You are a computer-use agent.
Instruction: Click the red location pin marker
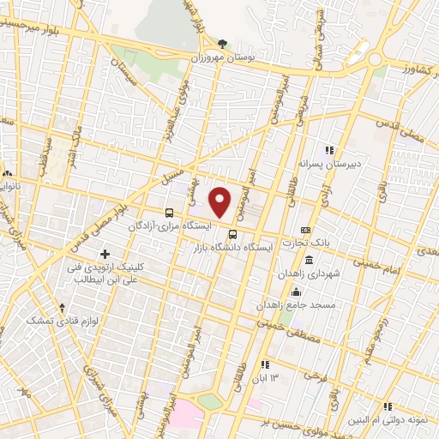click(x=220, y=201)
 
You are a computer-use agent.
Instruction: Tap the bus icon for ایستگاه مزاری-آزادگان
click(x=168, y=212)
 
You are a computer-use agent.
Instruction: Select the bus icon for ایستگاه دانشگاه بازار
click(x=232, y=235)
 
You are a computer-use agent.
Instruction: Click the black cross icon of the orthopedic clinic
click(x=105, y=254)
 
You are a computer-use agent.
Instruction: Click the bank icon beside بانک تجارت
click(x=306, y=231)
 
